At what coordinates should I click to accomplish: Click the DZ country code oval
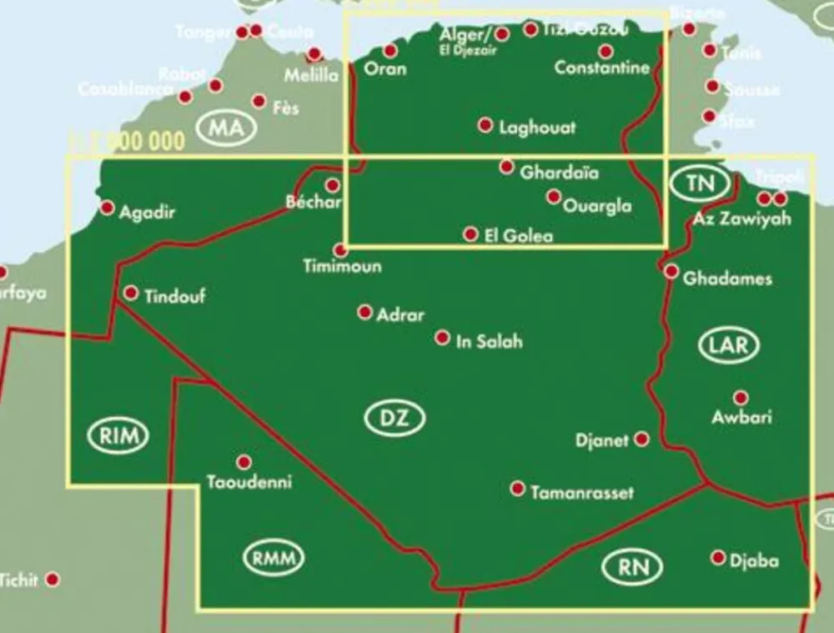pos(394,419)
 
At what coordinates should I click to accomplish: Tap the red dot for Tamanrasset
pos(518,489)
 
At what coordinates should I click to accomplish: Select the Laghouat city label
pos(537,128)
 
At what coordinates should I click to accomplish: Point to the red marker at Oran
pos(390,51)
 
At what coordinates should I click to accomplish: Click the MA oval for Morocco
pos(226,129)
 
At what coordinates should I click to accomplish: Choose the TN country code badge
pos(700,183)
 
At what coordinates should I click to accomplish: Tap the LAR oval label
pos(728,344)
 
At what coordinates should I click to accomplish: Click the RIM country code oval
pos(118,435)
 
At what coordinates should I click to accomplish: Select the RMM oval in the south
pos(274,558)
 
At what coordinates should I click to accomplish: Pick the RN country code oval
pos(631,568)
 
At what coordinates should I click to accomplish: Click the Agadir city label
pos(147,213)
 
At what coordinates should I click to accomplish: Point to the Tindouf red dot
pos(131,293)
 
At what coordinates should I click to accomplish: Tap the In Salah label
pos(490,341)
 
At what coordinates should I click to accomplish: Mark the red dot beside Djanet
pos(641,439)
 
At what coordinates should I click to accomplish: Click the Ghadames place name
pos(727,279)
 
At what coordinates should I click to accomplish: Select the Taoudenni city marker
pos(244,462)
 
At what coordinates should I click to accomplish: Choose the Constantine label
pos(602,68)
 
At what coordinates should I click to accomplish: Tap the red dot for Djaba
pos(718,557)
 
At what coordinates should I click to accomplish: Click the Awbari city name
pos(741,417)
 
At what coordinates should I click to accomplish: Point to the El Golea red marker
pos(471,234)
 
